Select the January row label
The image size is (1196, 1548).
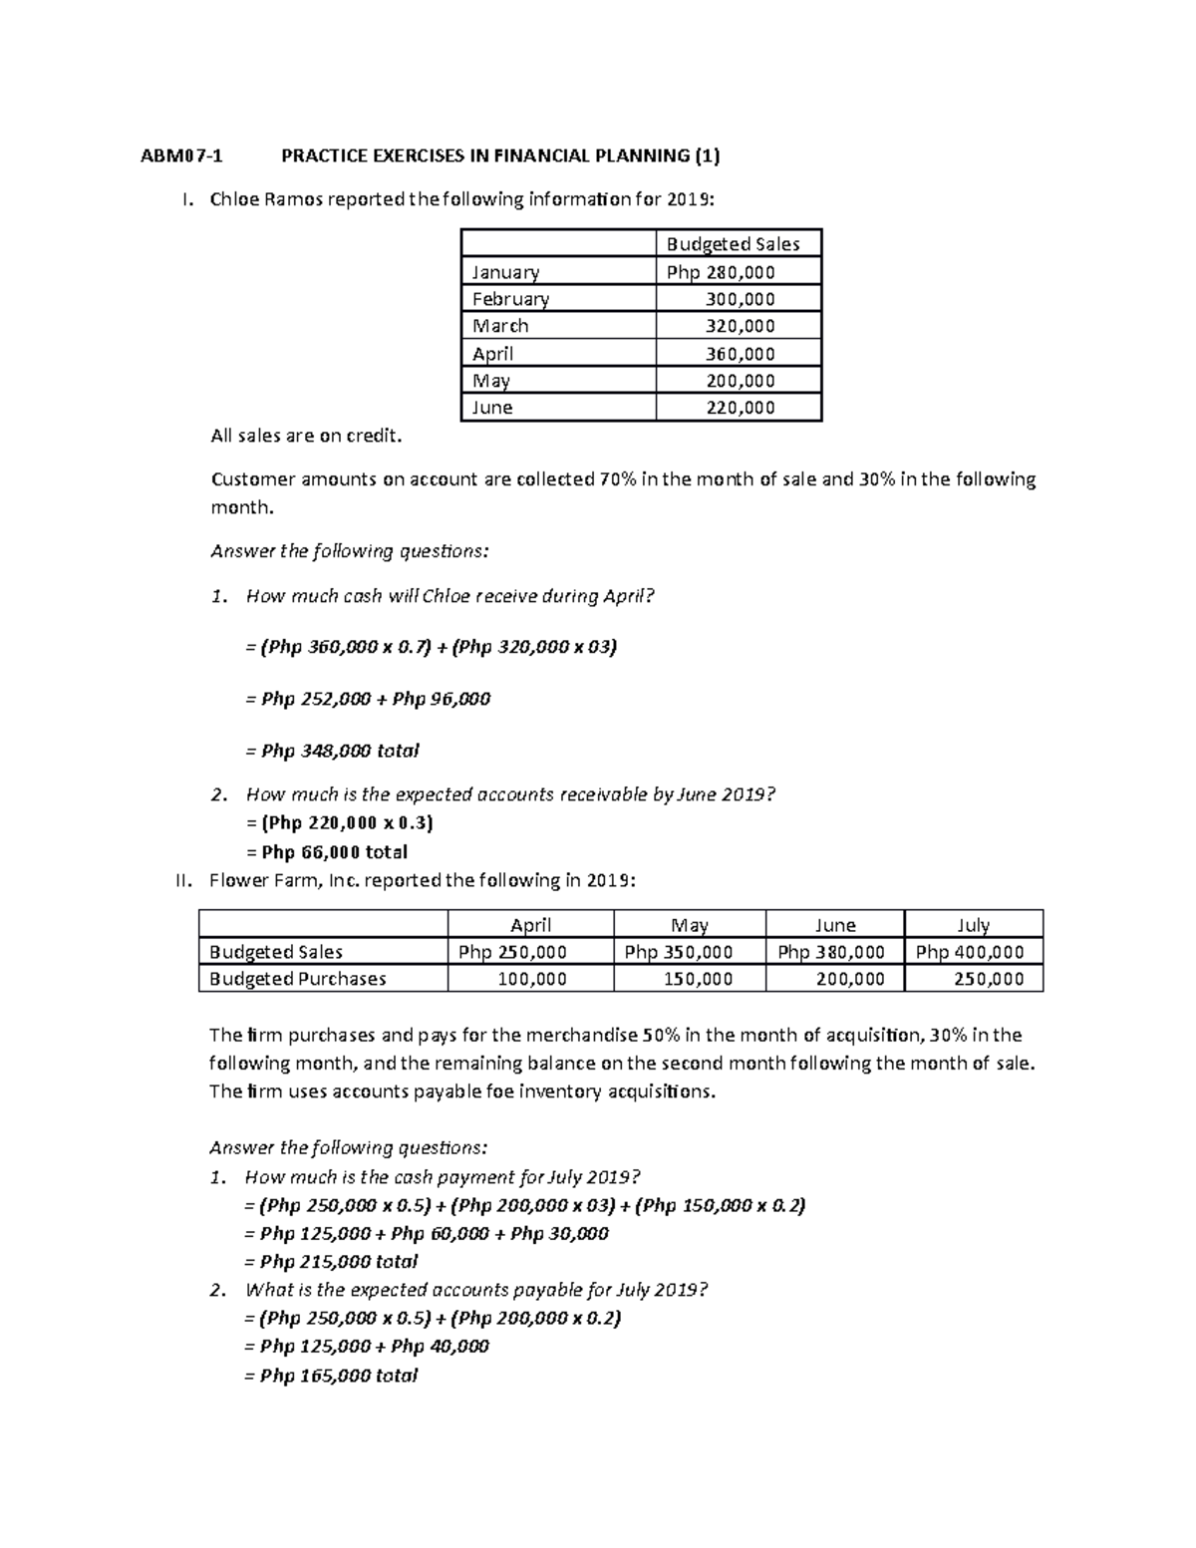(x=505, y=272)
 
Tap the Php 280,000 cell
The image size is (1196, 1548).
(x=721, y=272)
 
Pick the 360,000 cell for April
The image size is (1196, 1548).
(x=739, y=354)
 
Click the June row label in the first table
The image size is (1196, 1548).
(x=492, y=408)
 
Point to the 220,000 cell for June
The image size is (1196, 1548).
(x=739, y=408)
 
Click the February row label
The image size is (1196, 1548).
(x=510, y=299)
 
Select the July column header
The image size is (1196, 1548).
(x=973, y=925)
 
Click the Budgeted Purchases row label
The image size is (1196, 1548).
(x=297, y=979)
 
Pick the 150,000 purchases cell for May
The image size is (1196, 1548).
(x=698, y=979)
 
